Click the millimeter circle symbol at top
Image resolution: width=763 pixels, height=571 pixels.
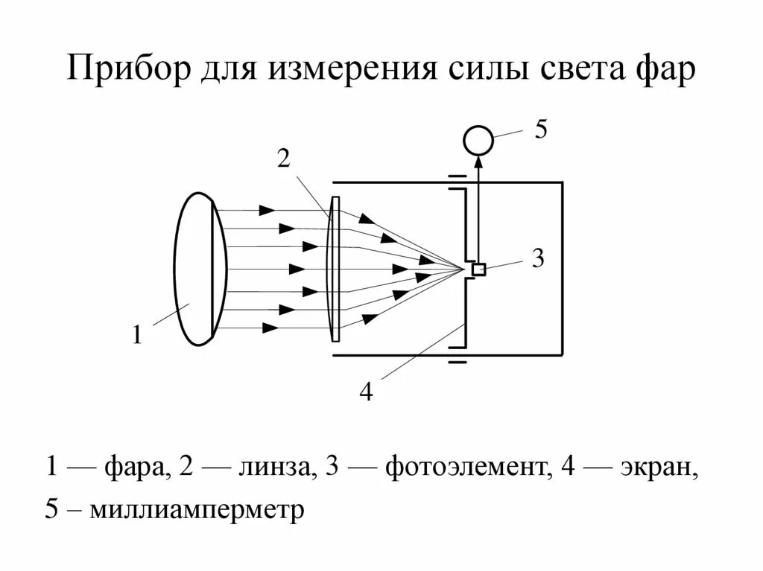click(x=478, y=140)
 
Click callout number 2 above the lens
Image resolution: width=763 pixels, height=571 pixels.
click(x=283, y=159)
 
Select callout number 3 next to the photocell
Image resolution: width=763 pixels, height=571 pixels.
click(x=538, y=259)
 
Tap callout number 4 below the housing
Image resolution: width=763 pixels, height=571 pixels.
click(x=366, y=392)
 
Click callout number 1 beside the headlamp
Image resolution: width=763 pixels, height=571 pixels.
click(x=137, y=335)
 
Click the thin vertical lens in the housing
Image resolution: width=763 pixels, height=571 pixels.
click(x=335, y=269)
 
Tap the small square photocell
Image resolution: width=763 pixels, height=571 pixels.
click(x=478, y=269)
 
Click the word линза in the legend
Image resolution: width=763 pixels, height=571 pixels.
click(x=273, y=468)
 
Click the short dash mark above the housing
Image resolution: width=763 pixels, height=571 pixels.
click(x=457, y=177)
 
